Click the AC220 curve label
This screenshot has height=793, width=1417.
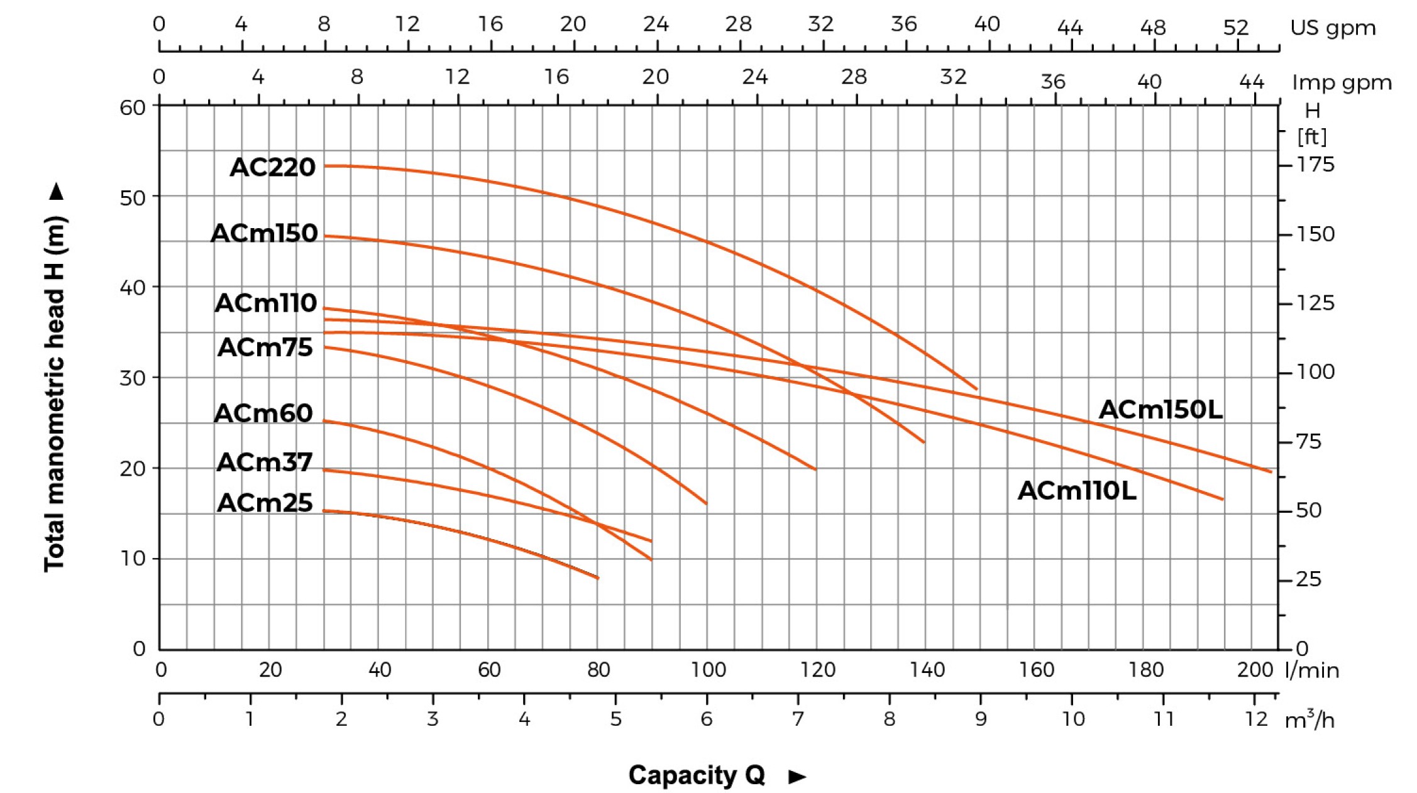click(272, 167)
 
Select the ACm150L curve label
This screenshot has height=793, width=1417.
click(1161, 410)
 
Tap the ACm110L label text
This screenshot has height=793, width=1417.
click(1077, 491)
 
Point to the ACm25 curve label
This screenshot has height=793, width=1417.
click(265, 503)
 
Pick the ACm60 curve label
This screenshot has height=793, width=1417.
click(263, 413)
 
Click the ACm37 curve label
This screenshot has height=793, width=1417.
click(265, 462)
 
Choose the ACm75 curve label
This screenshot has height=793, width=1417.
click(265, 347)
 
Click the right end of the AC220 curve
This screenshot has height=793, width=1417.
click(977, 389)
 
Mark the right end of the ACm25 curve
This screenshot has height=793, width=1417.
click(598, 577)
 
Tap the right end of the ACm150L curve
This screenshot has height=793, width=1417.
click(1271, 471)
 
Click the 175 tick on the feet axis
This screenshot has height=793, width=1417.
click(1315, 165)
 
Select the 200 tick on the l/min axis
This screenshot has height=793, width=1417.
click(1255, 670)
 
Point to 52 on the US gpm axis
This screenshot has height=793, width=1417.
click(1235, 28)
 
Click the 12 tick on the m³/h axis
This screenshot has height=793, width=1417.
click(1256, 718)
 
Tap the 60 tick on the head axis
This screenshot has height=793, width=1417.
click(133, 107)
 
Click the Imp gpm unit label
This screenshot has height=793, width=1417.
click(1342, 83)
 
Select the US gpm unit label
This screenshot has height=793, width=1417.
click(1333, 28)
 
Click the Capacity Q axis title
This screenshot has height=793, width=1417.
click(697, 775)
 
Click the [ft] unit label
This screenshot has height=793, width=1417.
click(1312, 136)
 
